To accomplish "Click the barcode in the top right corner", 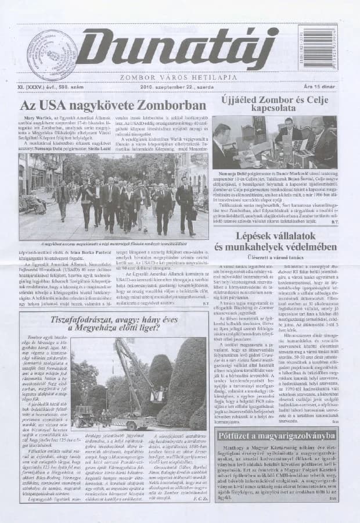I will pos(318,46).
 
